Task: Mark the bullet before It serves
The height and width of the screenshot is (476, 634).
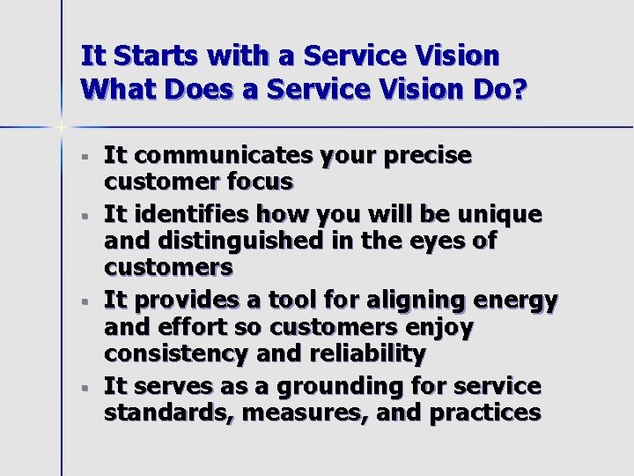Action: (x=83, y=388)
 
